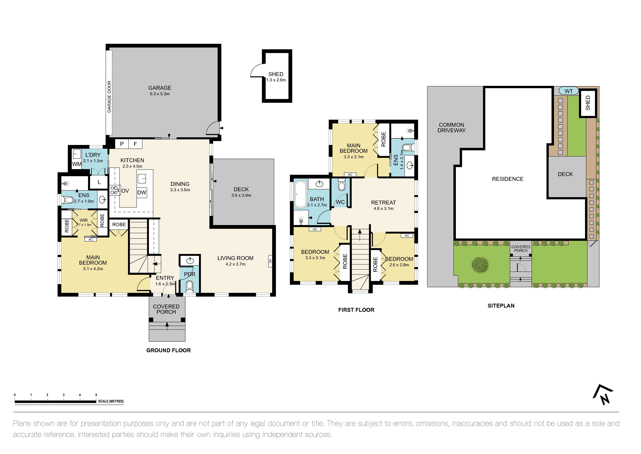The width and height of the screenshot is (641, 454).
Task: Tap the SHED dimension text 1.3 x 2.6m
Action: pos(276,80)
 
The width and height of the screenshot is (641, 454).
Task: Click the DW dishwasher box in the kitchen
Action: pos(142,192)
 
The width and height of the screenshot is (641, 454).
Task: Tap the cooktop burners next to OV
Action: pos(114,190)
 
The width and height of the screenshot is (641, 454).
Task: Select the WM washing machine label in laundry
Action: pos(76,164)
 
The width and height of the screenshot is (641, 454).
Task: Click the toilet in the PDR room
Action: pos(189,286)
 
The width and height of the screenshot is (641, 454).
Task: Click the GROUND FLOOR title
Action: pos(168,350)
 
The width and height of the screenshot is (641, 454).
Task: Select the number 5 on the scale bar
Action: pos(96,395)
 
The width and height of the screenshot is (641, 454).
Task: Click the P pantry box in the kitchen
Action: pos(122,144)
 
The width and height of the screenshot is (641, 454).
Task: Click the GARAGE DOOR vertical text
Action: pos(109,97)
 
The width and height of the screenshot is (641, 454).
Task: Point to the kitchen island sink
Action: pos(142,178)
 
